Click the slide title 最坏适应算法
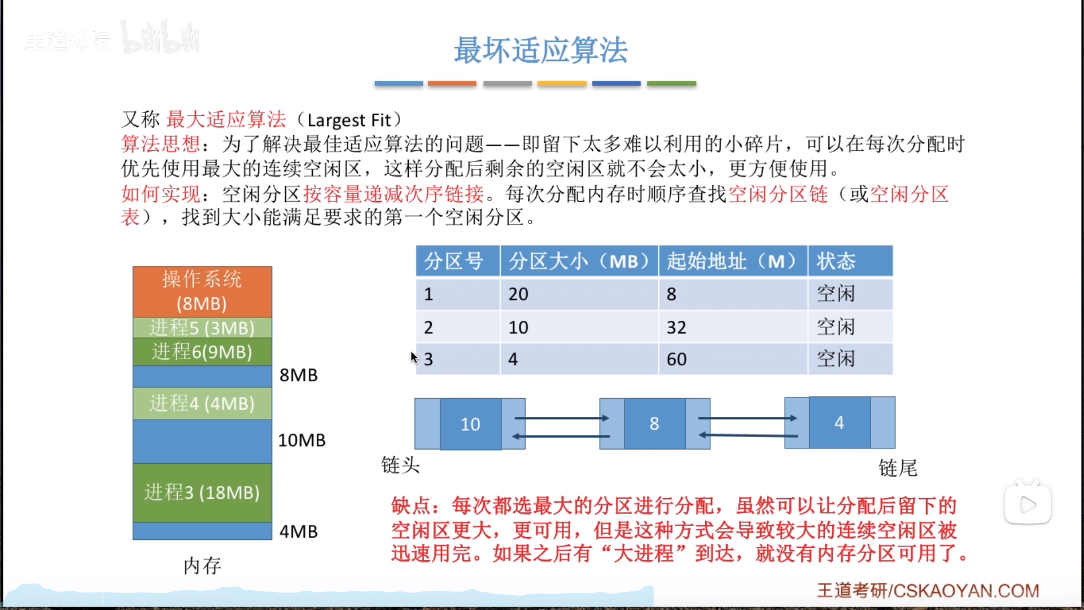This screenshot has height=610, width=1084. (x=540, y=50)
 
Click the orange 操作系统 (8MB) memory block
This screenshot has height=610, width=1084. (x=202, y=291)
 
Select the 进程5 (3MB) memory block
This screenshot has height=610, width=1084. (x=202, y=328)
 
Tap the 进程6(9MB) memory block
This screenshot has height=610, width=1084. (x=202, y=351)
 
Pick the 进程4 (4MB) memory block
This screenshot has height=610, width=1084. (x=202, y=403)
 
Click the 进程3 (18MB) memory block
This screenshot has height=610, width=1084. (x=202, y=492)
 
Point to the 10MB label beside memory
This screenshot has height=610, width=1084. (x=301, y=440)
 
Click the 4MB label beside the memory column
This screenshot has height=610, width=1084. (x=299, y=531)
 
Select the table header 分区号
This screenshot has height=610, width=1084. (x=454, y=261)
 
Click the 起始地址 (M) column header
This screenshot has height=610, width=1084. (x=732, y=261)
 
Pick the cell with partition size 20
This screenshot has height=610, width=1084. (x=518, y=294)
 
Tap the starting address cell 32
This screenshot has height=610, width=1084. (x=676, y=328)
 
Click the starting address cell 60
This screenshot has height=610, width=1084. (x=676, y=359)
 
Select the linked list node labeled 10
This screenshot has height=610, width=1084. (x=470, y=424)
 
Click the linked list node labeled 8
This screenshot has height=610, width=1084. (x=654, y=424)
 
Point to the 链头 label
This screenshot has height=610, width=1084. (x=400, y=465)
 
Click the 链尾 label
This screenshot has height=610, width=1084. (x=898, y=468)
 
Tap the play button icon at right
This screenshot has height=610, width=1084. (x=1028, y=504)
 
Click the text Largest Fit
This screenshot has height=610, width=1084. (x=349, y=120)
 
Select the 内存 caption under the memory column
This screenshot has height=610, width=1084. (x=202, y=565)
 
